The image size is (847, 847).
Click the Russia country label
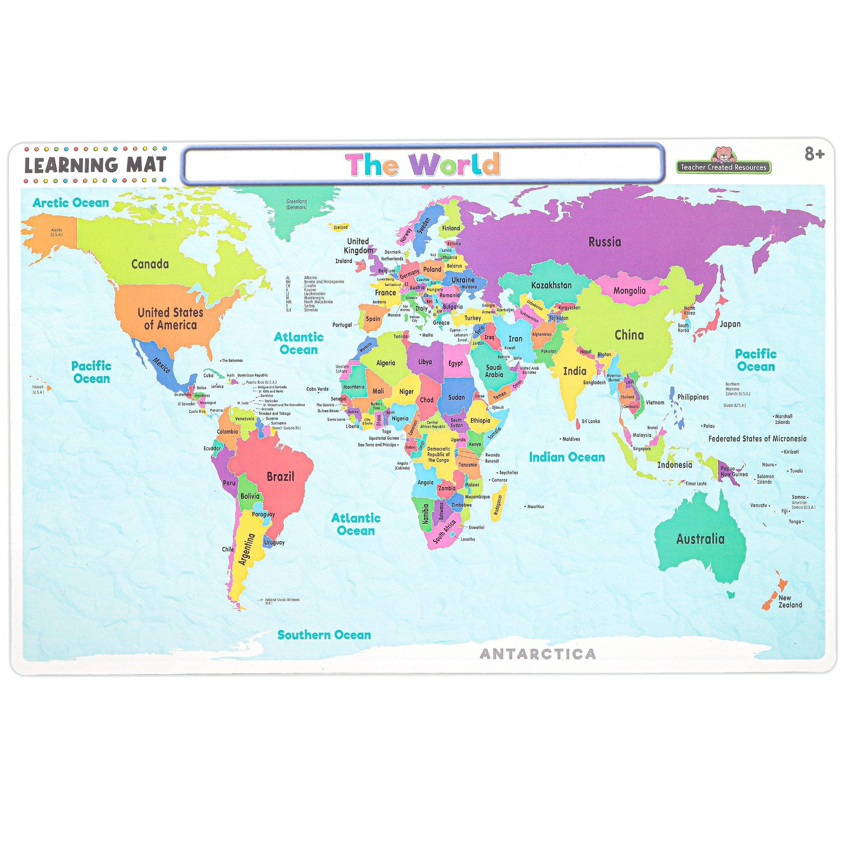[x=605, y=241]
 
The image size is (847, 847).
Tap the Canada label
[x=150, y=264]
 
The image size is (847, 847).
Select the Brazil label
[x=281, y=476]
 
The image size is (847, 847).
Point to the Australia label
[x=700, y=539]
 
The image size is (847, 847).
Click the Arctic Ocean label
[x=71, y=202]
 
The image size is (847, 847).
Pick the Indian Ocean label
[x=567, y=457]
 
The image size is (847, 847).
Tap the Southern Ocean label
[x=324, y=634]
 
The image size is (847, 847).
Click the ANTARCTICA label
[x=538, y=654]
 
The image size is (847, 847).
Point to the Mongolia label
[x=630, y=290]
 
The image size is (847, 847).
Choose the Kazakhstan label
[x=551, y=285]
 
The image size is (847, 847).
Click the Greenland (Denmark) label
[x=297, y=204]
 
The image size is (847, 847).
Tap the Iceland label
[x=340, y=227]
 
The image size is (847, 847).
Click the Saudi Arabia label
[x=494, y=371]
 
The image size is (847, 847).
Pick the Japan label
[x=730, y=324]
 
